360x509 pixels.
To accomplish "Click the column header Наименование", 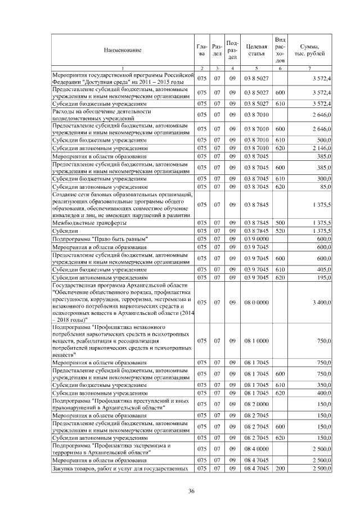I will point(122,51).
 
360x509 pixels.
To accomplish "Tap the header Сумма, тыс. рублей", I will point(309,51).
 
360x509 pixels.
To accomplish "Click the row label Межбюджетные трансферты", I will point(85,223).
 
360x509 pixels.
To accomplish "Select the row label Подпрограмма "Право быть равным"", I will point(99,238).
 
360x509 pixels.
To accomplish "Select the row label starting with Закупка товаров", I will point(119,468).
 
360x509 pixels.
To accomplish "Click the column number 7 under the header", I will point(309,68).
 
